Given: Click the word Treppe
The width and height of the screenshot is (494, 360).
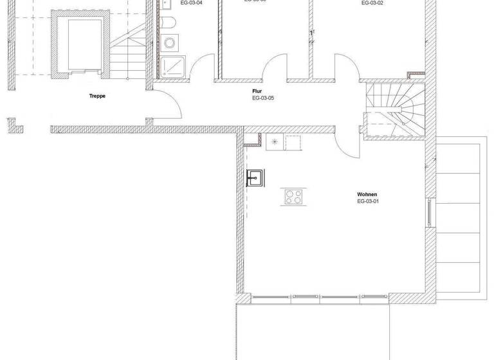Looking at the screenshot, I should coord(97,96).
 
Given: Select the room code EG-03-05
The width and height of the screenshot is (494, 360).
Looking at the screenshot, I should coord(263,99).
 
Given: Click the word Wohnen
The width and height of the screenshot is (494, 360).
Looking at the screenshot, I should coord(367,194).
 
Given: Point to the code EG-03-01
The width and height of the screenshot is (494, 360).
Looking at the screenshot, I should coord(369,202).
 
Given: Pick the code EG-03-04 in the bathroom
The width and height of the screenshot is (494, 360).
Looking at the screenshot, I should coord(191,3).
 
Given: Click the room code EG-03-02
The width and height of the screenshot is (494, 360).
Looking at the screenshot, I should coord(372,3).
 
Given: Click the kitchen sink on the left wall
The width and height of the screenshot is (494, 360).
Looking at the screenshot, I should coord(254,177).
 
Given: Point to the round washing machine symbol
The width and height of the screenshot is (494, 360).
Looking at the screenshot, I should coord(170,44).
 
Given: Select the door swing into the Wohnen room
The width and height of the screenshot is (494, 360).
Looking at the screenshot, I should coord(351,145).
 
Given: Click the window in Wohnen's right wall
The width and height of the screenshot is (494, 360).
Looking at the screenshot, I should coord(429,212).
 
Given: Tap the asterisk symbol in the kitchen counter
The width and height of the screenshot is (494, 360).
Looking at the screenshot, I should coord(275,142).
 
